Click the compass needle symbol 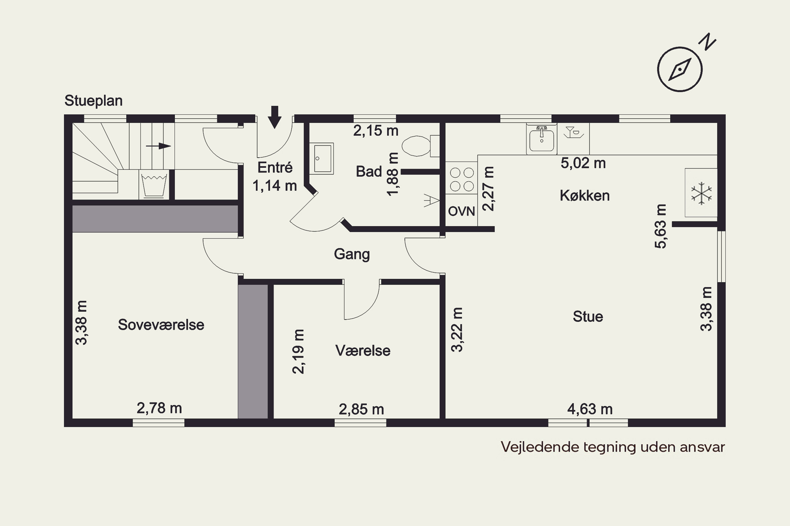pos(680,69)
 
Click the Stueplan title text pos(93,101)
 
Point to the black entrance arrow pos(275,117)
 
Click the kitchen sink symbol pos(541,139)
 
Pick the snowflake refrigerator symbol pos(701,193)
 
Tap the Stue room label pos(588,316)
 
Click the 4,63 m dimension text pos(590,409)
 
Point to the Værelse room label pos(363,351)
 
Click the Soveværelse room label pos(161,325)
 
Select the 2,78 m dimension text pos(159,408)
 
